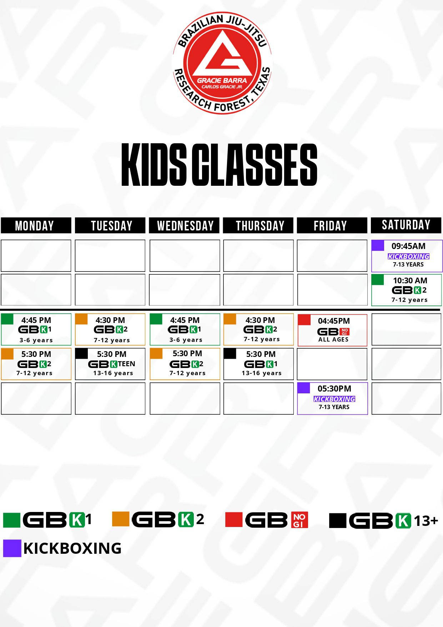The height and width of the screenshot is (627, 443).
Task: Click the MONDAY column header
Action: [x=36, y=225]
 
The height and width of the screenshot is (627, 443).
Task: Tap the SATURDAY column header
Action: [x=406, y=225]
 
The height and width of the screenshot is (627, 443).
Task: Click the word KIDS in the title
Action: [x=153, y=165]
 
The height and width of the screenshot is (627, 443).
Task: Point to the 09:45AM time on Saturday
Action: [x=408, y=246]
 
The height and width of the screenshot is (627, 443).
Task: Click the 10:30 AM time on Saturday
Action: [x=410, y=280]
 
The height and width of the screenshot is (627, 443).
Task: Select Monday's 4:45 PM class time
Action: [x=36, y=320]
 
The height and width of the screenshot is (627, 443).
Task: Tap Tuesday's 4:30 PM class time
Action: [x=110, y=320]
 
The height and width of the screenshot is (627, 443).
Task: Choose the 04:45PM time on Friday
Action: [x=334, y=321]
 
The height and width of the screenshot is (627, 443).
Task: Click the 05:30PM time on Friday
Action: [x=334, y=388]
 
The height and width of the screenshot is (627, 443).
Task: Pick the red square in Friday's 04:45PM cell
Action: [x=304, y=320]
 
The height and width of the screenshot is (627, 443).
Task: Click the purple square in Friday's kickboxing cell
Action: [x=303, y=388]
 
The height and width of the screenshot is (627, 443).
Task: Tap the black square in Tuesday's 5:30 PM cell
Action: [x=81, y=353]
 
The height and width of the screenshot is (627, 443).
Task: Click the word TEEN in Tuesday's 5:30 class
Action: [x=127, y=364]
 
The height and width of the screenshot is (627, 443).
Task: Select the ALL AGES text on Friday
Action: [x=333, y=339]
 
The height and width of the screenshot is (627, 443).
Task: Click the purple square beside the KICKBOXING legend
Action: [x=12, y=548]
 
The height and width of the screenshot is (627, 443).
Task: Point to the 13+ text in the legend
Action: [x=426, y=521]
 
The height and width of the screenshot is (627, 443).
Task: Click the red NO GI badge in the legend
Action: [x=300, y=520]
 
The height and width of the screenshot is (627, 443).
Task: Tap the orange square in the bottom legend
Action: [x=120, y=519]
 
